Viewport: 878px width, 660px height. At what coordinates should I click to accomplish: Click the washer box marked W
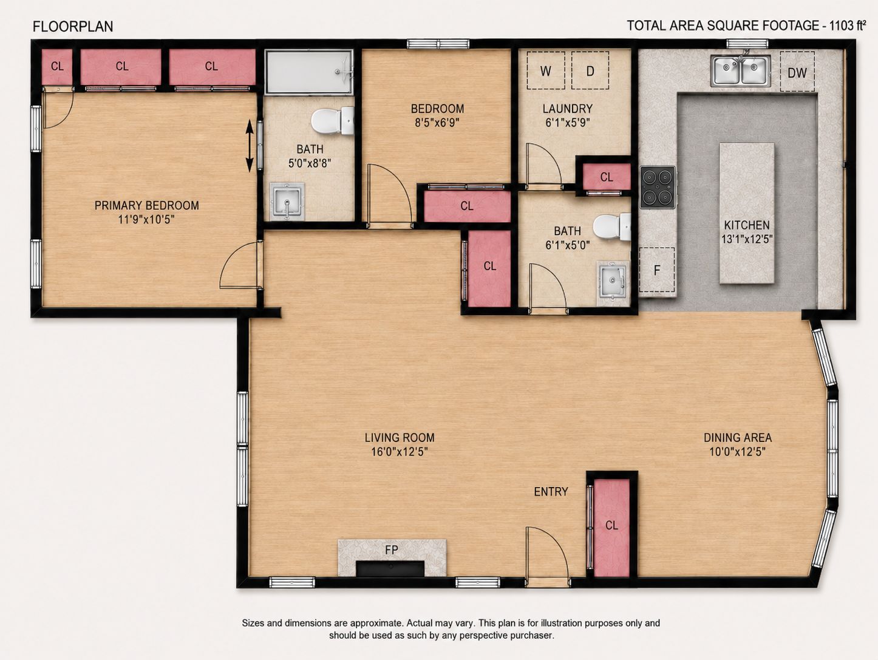[x=546, y=70]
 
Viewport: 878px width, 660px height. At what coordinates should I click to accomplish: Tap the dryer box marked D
[x=590, y=70]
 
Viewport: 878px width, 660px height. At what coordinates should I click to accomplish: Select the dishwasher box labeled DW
[x=797, y=72]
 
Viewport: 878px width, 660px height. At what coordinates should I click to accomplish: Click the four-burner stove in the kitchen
[x=658, y=187]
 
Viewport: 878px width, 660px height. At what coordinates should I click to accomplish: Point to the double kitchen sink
[x=740, y=71]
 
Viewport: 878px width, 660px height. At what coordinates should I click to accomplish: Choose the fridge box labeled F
[x=657, y=270]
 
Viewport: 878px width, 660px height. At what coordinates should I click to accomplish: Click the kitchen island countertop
[x=747, y=213]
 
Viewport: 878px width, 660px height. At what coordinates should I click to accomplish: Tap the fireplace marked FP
[x=392, y=557]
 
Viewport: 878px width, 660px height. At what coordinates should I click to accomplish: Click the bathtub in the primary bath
[x=309, y=72]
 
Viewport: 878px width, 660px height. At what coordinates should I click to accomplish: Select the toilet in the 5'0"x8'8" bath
[x=333, y=120]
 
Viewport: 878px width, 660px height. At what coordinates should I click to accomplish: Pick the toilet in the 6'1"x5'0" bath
[x=612, y=227]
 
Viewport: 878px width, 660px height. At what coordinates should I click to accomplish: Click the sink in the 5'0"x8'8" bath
[x=287, y=202]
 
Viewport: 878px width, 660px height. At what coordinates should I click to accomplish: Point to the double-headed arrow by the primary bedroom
[x=249, y=146]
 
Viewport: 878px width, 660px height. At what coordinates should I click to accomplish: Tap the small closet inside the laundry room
[x=607, y=177]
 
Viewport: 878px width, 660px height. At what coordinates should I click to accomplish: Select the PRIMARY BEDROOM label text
[x=147, y=206]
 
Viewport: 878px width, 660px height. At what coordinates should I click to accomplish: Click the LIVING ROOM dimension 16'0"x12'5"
[x=399, y=452]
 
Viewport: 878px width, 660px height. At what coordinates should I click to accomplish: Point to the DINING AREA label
[x=738, y=438]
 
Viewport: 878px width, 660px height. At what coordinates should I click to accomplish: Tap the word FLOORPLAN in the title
[x=73, y=26]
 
